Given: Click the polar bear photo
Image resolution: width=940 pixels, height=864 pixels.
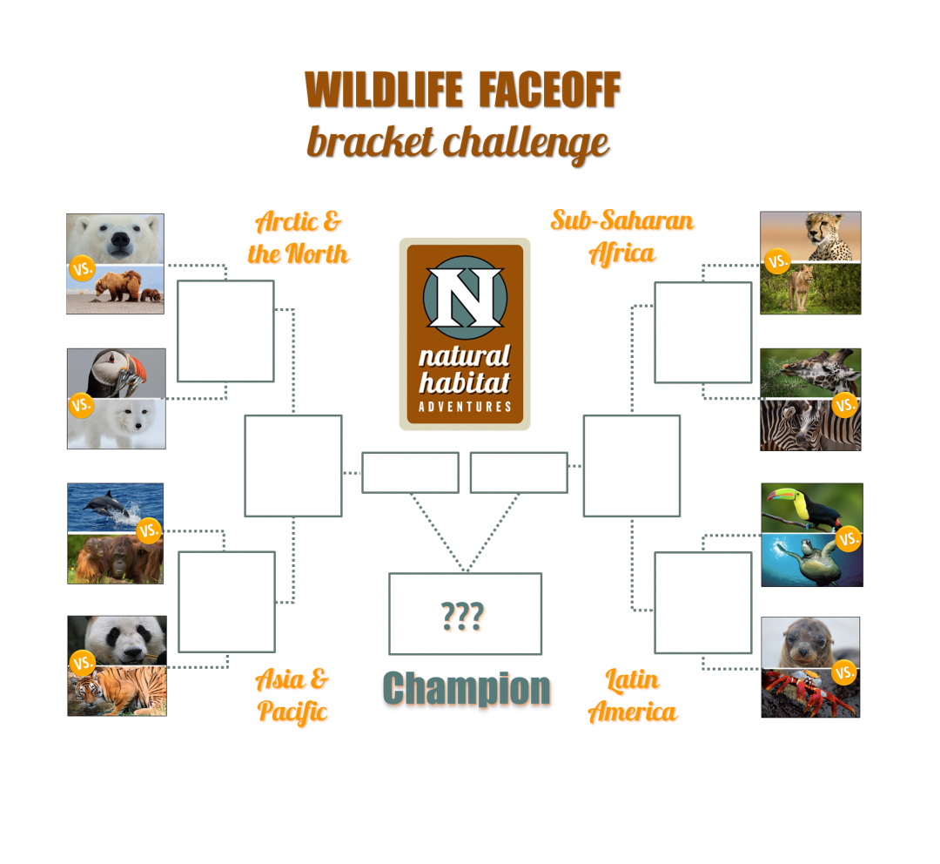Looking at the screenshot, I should (x=115, y=238).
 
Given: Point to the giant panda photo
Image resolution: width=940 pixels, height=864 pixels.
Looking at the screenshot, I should (x=117, y=639).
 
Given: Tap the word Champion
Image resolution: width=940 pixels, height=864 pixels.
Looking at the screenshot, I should (x=467, y=688).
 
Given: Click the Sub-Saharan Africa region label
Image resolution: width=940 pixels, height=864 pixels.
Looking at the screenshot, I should (x=621, y=236).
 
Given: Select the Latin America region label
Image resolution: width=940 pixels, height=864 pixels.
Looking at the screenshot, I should (x=633, y=696).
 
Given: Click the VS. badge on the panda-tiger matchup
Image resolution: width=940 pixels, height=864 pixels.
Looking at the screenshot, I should (x=83, y=664).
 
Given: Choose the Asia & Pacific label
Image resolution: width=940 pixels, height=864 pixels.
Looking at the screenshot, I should (x=292, y=695).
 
